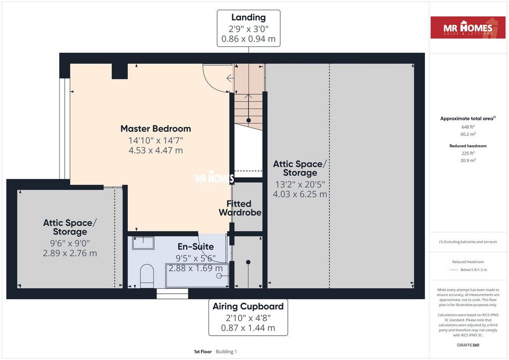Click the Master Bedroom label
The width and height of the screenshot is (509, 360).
(156, 129)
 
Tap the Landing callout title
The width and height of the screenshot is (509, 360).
(249, 17)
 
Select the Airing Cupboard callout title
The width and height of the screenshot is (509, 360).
(248, 306)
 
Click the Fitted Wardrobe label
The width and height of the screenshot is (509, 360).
(240, 208)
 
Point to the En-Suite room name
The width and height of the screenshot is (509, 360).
(195, 247)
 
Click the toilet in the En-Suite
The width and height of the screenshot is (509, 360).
(147, 276)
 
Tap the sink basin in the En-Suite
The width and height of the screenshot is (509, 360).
(143, 243)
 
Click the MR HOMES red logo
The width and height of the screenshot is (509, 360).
(468, 27)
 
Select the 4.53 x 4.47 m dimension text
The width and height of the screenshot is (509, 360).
(156, 150)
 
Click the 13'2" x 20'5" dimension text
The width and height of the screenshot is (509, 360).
(300, 184)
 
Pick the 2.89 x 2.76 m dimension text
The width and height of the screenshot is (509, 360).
(70, 253)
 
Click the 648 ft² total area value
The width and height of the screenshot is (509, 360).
(468, 127)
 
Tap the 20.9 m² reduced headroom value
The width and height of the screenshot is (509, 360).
(468, 161)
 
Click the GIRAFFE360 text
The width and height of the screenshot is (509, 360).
(468, 345)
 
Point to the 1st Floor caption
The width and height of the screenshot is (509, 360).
(203, 352)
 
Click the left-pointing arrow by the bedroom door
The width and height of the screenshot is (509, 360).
(230, 78)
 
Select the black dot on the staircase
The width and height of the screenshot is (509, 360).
(249, 120)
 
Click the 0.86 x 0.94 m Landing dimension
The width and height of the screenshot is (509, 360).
(249, 39)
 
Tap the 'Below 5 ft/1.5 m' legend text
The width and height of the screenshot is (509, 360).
(474, 270)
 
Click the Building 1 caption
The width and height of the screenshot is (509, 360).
(226, 352)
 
